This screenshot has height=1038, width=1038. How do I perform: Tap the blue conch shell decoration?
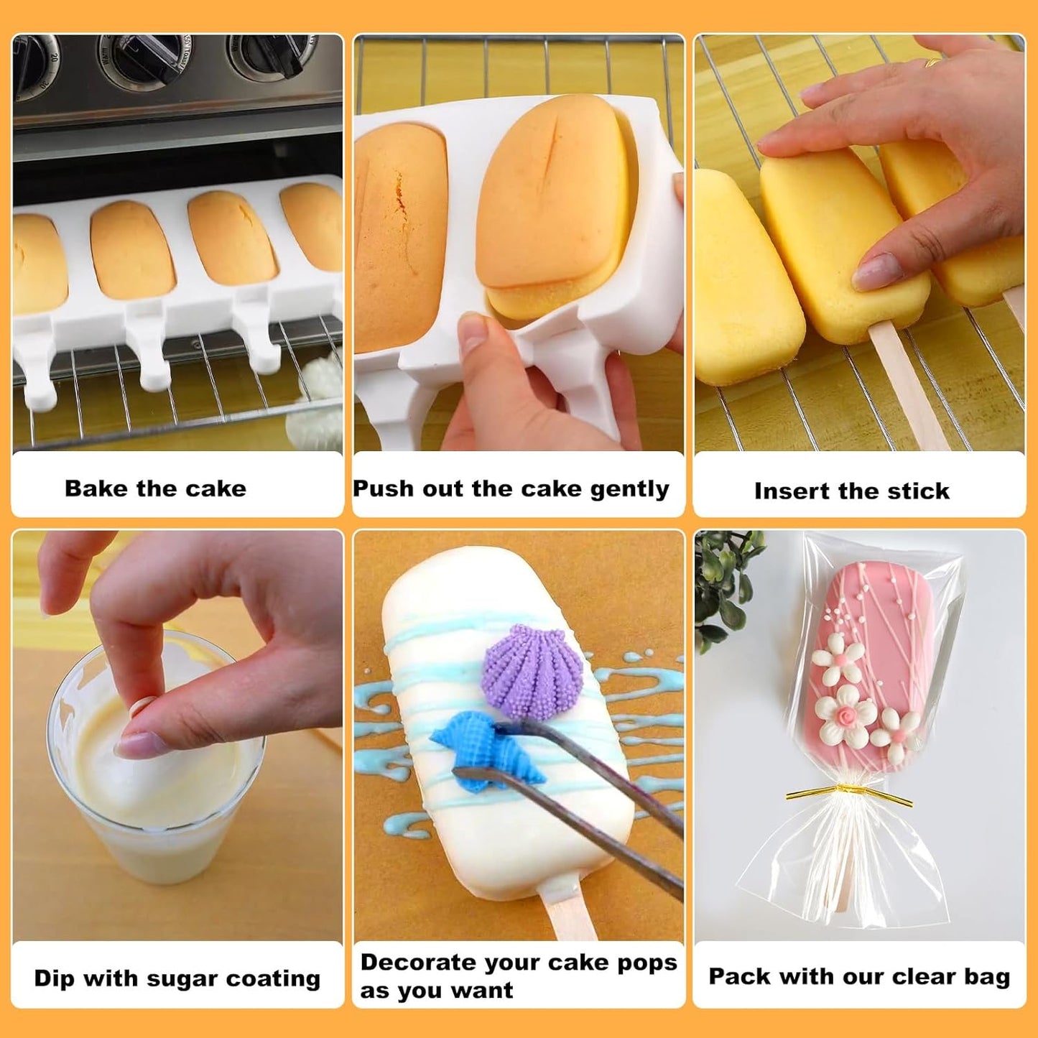(471, 754)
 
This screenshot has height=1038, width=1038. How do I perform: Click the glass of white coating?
(158, 776)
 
